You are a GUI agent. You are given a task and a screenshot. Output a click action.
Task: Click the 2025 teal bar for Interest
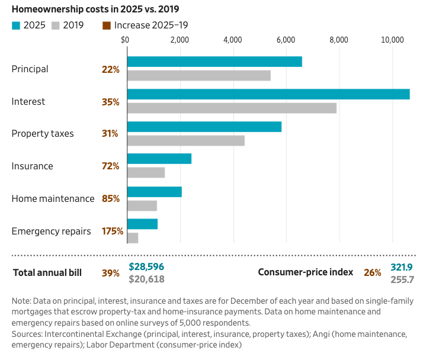[x=268, y=94]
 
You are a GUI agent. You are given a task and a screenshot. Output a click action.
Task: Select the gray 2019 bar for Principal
[x=199, y=76]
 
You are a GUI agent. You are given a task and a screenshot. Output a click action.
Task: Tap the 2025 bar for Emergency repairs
[x=142, y=224]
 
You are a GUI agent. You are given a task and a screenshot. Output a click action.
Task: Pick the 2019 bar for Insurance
[x=146, y=172]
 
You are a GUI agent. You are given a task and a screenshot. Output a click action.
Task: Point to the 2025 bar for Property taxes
[x=204, y=127]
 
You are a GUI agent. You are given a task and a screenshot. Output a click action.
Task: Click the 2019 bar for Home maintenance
[x=142, y=205]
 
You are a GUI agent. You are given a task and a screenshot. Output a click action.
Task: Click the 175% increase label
[x=113, y=231]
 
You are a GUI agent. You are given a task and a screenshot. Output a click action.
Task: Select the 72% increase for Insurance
[x=111, y=166]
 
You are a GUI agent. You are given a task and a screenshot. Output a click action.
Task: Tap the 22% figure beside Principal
[x=111, y=69]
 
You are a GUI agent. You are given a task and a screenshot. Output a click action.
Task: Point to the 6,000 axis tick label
[x=286, y=40]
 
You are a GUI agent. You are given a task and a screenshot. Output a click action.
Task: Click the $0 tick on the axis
[x=125, y=40]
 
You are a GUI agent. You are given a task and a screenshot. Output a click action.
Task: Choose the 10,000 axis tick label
[x=392, y=40]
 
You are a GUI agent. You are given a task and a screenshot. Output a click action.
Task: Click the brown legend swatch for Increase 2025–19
[x=107, y=25]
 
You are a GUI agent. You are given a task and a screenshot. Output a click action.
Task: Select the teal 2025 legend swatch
[x=16, y=25]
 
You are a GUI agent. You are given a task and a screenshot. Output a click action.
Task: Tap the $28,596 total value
[x=146, y=266]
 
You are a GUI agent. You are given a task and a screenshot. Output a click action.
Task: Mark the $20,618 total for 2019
[x=146, y=279]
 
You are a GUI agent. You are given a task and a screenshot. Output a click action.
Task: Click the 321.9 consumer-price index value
[x=402, y=267]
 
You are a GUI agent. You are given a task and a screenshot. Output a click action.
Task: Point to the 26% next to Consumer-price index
[x=373, y=272]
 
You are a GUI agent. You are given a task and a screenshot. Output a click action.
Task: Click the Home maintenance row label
[x=53, y=198]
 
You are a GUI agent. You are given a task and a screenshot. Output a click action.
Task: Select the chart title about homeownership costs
[x=95, y=9]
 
